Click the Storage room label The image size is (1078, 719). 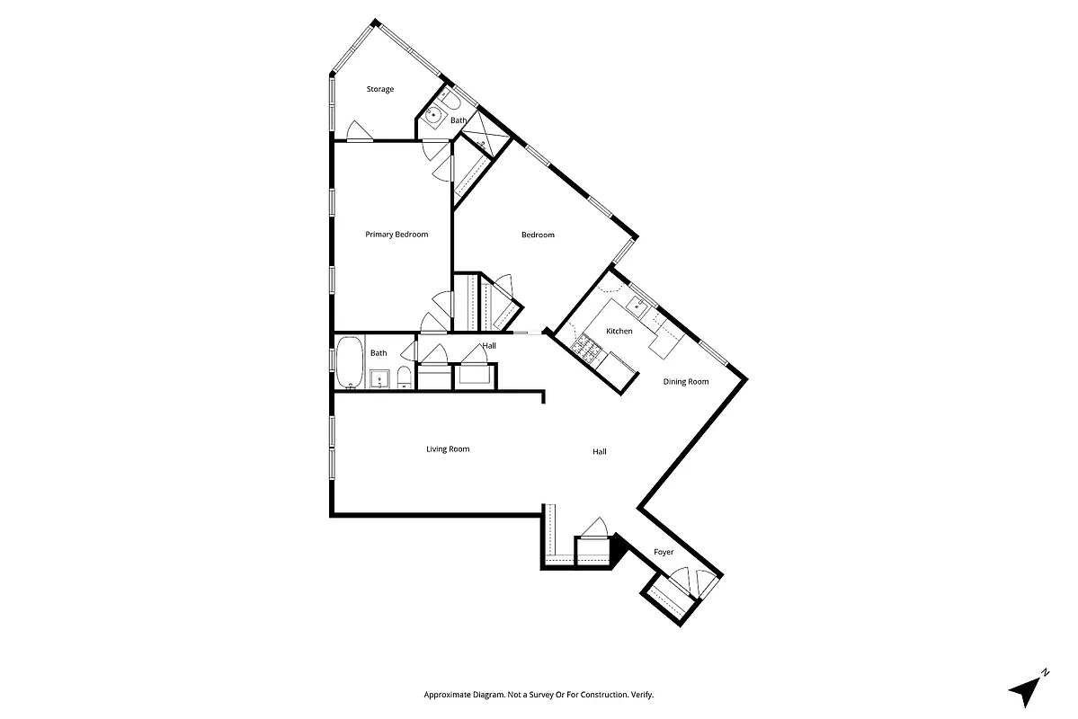tap(379, 89)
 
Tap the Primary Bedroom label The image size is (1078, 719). tap(396, 235)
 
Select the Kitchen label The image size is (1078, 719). tap(619, 332)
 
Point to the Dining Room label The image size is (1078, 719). tap(686, 382)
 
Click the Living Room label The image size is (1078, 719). tap(448, 449)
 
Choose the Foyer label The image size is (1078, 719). tap(664, 552)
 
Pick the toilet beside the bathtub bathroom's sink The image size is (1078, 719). tap(404, 377)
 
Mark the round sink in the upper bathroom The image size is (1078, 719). tap(434, 114)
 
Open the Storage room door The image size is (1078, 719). tap(357, 131)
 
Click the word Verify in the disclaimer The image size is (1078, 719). tap(639, 695)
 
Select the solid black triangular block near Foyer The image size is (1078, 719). tap(617, 545)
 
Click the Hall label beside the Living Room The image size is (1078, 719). tap(599, 452)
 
